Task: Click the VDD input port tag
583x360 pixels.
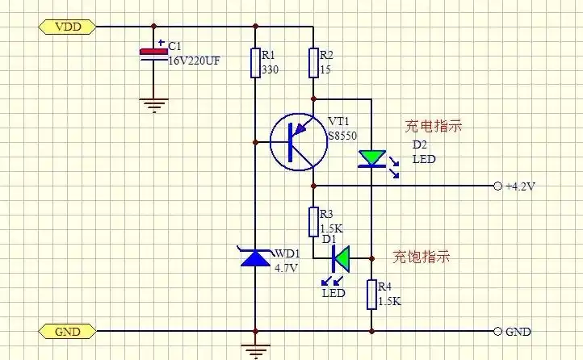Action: tap(67, 27)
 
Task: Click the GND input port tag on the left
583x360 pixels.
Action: tap(67, 331)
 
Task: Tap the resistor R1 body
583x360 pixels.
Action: tap(255, 62)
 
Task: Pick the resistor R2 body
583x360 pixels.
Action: tap(312, 62)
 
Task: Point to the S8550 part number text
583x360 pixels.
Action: tap(342, 135)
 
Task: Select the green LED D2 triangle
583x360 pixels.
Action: tap(371, 157)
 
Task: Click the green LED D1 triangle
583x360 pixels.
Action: tap(342, 259)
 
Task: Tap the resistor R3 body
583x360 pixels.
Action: tap(312, 220)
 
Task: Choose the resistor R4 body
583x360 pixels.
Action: tap(371, 295)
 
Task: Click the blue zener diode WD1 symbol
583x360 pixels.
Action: tap(255, 257)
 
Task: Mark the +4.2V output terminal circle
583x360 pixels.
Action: tap(497, 186)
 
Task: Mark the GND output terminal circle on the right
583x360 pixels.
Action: tap(497, 331)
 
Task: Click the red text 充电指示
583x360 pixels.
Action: tap(434, 127)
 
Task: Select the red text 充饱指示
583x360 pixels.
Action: tap(421, 257)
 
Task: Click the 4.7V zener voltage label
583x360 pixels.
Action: tap(287, 267)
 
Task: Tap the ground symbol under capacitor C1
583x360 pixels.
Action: tap(150, 103)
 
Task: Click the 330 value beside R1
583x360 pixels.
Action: tap(269, 70)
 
